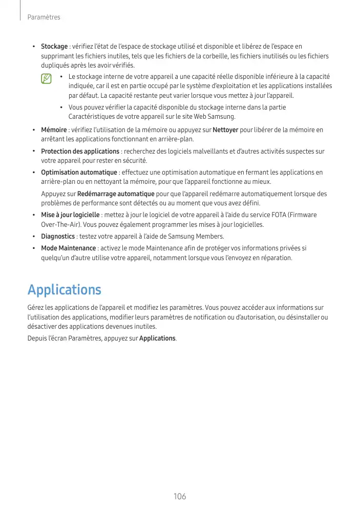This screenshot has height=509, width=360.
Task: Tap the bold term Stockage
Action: coord(54,47)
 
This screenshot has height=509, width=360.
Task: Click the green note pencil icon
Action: coord(47,79)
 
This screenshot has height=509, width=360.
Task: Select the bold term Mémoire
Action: coord(54,130)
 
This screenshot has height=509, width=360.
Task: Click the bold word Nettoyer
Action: coord(225,130)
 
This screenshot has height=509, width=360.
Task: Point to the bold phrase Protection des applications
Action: coord(80,152)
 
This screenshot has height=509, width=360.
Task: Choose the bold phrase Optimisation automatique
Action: coord(79,173)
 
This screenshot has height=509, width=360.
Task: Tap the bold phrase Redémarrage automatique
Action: coord(116,194)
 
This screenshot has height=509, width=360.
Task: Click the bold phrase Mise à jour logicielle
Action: coord(70,215)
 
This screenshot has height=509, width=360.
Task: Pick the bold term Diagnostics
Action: coord(58,236)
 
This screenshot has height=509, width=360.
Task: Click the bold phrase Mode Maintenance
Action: coord(68,248)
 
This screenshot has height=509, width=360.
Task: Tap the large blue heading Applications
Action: coord(65,290)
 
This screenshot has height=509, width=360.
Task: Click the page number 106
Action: coord(180,496)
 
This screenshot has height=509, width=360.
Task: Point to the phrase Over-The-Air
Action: coord(58,225)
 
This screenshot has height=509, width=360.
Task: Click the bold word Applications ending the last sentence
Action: coord(157,338)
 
